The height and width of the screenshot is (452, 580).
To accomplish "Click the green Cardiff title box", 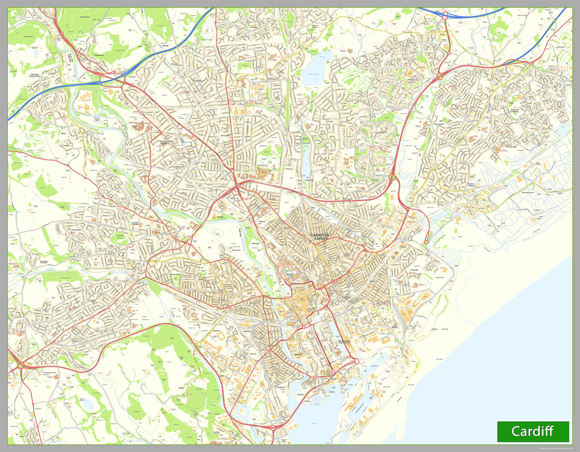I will [533, 431].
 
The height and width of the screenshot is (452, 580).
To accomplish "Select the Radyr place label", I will [63, 134].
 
